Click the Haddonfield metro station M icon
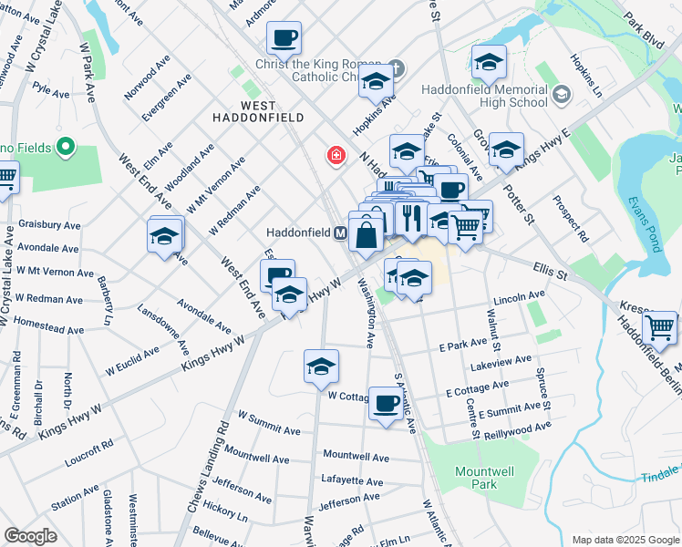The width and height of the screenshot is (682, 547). point(340,233)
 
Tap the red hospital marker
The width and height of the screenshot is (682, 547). point(337,157)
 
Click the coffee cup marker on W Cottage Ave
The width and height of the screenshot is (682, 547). point(385,402)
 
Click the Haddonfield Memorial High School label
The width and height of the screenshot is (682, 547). point(485,96)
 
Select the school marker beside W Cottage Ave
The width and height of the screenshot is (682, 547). point(321,366)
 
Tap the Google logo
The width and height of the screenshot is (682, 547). point(31,536)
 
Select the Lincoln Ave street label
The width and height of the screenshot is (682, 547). point(518,297)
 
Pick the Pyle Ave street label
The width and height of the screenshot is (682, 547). point(51,92)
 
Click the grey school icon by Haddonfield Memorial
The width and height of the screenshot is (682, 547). point(561,94)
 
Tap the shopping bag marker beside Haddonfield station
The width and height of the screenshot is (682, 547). point(366,235)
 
